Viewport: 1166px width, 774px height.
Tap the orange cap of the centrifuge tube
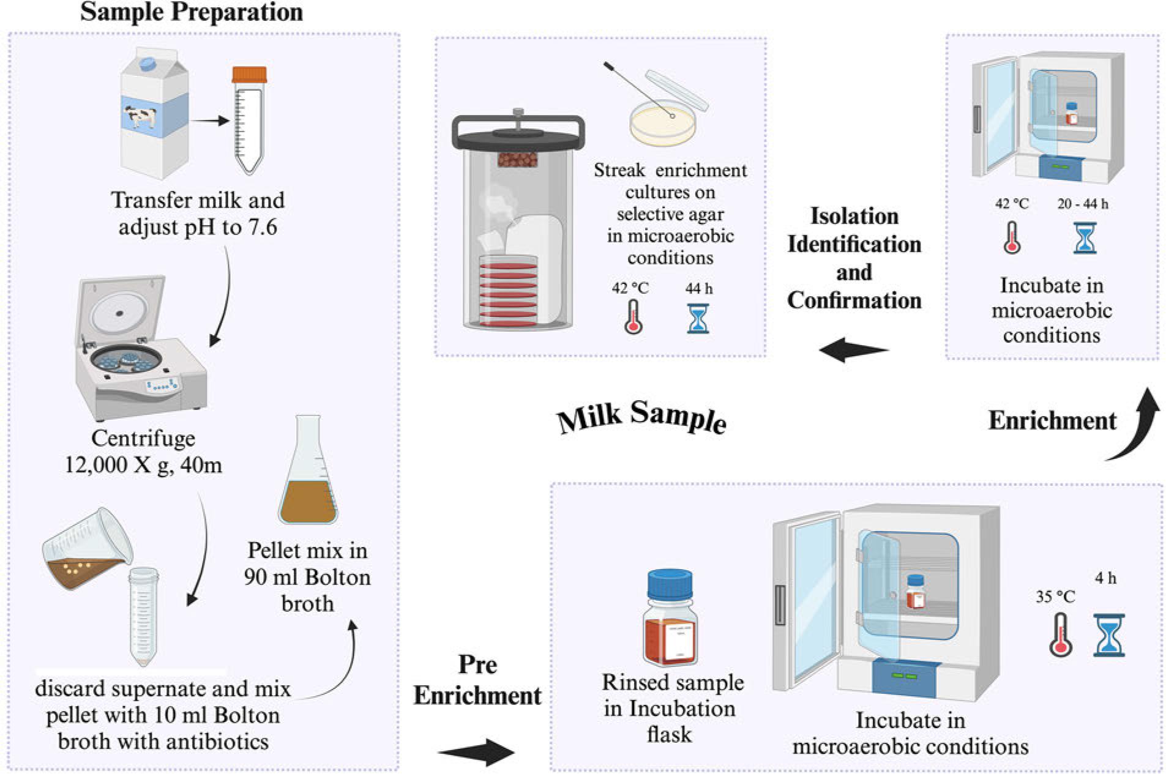pos(249,75)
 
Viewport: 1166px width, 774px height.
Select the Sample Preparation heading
pos(192,12)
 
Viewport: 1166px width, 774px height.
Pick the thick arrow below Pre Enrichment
pos(476,752)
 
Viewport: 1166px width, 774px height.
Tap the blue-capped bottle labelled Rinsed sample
pos(670,618)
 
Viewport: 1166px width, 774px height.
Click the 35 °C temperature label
pos(1055,597)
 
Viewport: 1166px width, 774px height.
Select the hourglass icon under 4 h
pos(1108,636)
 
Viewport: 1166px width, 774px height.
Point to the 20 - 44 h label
pos(1082,204)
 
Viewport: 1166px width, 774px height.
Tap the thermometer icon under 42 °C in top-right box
pos(1012,238)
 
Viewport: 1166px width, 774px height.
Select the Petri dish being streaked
pos(663,123)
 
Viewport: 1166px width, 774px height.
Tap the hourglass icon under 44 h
pos(698,318)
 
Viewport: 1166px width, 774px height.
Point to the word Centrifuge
pos(143,439)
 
